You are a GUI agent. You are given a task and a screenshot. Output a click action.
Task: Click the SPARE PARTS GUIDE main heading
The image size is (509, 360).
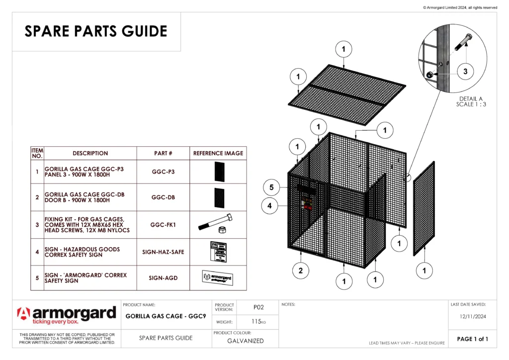[x=96, y=31]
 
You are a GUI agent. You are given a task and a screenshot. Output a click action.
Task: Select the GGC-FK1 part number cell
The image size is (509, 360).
[x=164, y=225]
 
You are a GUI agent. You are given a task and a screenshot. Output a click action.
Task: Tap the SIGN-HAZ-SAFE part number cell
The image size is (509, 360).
[x=164, y=252]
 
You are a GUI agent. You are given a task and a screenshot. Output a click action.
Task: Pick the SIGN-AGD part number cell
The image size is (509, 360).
[x=164, y=278]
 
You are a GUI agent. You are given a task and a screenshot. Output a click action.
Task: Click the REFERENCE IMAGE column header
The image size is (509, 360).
[x=218, y=153]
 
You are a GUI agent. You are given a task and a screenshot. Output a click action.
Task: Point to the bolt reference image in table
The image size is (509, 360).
[x=218, y=224]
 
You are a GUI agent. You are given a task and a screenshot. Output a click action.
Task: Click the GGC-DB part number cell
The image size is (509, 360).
[x=164, y=197]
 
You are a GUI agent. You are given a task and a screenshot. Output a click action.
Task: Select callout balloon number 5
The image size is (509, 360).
[x=271, y=187]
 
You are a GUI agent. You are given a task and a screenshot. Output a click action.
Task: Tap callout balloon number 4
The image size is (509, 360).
[x=269, y=205]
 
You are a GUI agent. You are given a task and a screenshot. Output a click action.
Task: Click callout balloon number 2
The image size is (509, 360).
[x=300, y=270]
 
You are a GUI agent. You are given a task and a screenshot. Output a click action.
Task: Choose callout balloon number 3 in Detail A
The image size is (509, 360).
[x=465, y=72]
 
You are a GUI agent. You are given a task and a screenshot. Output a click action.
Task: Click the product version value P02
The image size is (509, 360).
[x=258, y=307]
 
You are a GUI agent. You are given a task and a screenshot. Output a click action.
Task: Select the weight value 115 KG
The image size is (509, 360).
[x=258, y=322]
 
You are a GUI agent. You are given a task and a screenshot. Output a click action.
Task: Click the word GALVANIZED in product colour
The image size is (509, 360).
[x=246, y=341]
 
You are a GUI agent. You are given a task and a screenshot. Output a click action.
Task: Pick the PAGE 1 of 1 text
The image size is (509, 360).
[x=472, y=339]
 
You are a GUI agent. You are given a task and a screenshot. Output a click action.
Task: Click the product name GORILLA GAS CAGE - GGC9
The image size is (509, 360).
[x=166, y=316]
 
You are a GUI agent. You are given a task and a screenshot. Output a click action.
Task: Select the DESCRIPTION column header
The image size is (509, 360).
[x=90, y=153]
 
